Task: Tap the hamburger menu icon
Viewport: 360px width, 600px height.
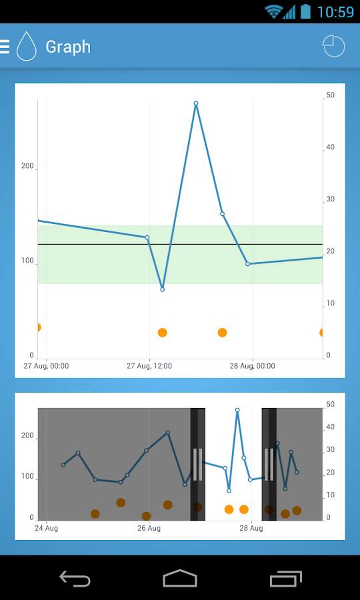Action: click(5, 47)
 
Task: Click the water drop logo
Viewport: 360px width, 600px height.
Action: click(27, 46)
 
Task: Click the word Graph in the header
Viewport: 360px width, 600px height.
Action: click(68, 47)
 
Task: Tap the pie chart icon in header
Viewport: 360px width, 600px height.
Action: click(333, 46)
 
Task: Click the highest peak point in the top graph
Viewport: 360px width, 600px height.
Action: click(196, 103)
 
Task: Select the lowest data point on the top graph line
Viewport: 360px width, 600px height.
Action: click(162, 289)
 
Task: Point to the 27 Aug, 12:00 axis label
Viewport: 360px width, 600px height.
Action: click(149, 366)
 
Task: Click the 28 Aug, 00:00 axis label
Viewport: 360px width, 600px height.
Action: click(252, 366)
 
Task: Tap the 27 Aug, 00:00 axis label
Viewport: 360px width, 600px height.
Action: click(46, 366)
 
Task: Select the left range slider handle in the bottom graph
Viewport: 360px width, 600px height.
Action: click(198, 464)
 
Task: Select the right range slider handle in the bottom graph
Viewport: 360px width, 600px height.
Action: click(269, 464)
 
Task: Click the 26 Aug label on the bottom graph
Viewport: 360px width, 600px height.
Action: click(149, 529)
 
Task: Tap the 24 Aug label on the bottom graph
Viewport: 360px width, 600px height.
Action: click(46, 529)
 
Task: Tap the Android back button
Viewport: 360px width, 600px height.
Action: click(75, 578)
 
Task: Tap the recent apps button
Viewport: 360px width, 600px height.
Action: click(286, 578)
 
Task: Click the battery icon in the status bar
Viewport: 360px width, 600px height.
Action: click(306, 11)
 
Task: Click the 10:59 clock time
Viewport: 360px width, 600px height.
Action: click(335, 12)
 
